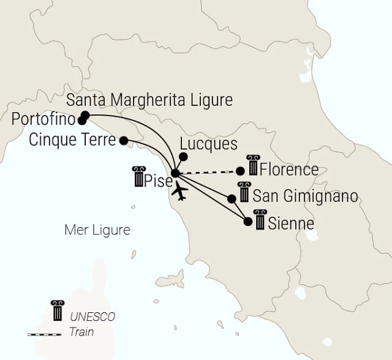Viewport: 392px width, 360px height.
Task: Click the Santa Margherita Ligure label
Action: pos(149,100)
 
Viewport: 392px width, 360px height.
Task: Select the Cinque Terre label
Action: pos(72,140)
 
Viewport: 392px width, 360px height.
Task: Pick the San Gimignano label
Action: pos(305,197)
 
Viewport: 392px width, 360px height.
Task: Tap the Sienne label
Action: pos(292,223)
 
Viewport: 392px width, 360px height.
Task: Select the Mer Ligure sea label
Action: pos(98,230)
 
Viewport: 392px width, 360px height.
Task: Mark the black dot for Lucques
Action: pos(183,156)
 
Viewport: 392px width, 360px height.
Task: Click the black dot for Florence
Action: pos(240,171)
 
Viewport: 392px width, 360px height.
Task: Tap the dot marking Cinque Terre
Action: pos(123,141)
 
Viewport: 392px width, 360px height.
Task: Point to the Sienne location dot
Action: pos(248,222)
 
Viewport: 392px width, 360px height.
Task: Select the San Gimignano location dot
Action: pos(232,198)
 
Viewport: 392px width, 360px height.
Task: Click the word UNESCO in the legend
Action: pos(92,317)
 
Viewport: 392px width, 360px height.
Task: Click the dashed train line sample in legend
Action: pos(44,334)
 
